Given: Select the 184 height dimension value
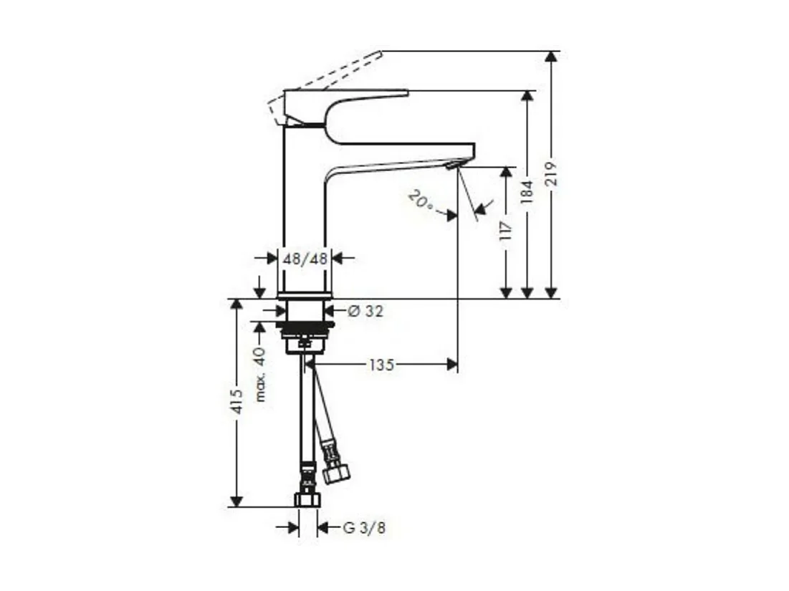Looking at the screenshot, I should pyautogui.click(x=527, y=193).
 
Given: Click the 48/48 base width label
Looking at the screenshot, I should pyautogui.click(x=305, y=259).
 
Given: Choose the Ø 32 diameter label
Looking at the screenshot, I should pyautogui.click(x=365, y=311).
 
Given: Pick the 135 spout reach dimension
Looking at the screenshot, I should pyautogui.click(x=381, y=365).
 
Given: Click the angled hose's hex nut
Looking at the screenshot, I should pyautogui.click(x=336, y=473).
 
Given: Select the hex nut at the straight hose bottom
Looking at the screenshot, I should pyautogui.click(x=307, y=499).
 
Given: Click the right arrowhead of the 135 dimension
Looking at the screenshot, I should pyautogui.click(x=451, y=365).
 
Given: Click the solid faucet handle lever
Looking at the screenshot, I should pyautogui.click(x=344, y=95).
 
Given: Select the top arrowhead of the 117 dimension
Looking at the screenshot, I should pyautogui.click(x=506, y=173).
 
